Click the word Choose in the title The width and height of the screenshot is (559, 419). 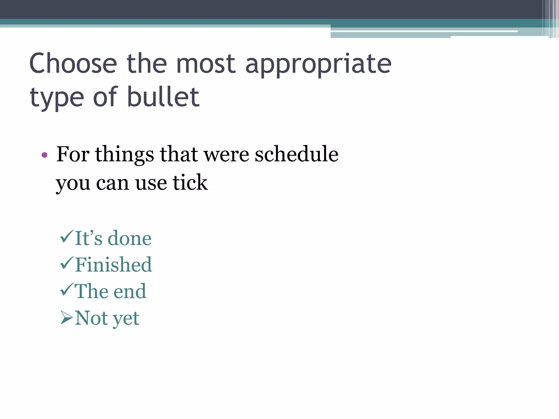pos(73,64)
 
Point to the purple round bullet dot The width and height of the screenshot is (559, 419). pos(44,155)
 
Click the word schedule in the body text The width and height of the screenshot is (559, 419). pos(296,154)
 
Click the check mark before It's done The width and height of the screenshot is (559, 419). pos(67,236)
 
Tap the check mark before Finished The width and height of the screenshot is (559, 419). pos(67,263)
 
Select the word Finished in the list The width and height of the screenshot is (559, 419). pos(114,265)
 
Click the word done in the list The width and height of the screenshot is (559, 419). pos(130,238)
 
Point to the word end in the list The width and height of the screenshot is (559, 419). pos(130,291)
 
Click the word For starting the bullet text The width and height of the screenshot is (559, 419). pos(73,154)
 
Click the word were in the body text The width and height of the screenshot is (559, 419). pos(227,155)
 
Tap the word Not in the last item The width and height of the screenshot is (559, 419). pos(91,318)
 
